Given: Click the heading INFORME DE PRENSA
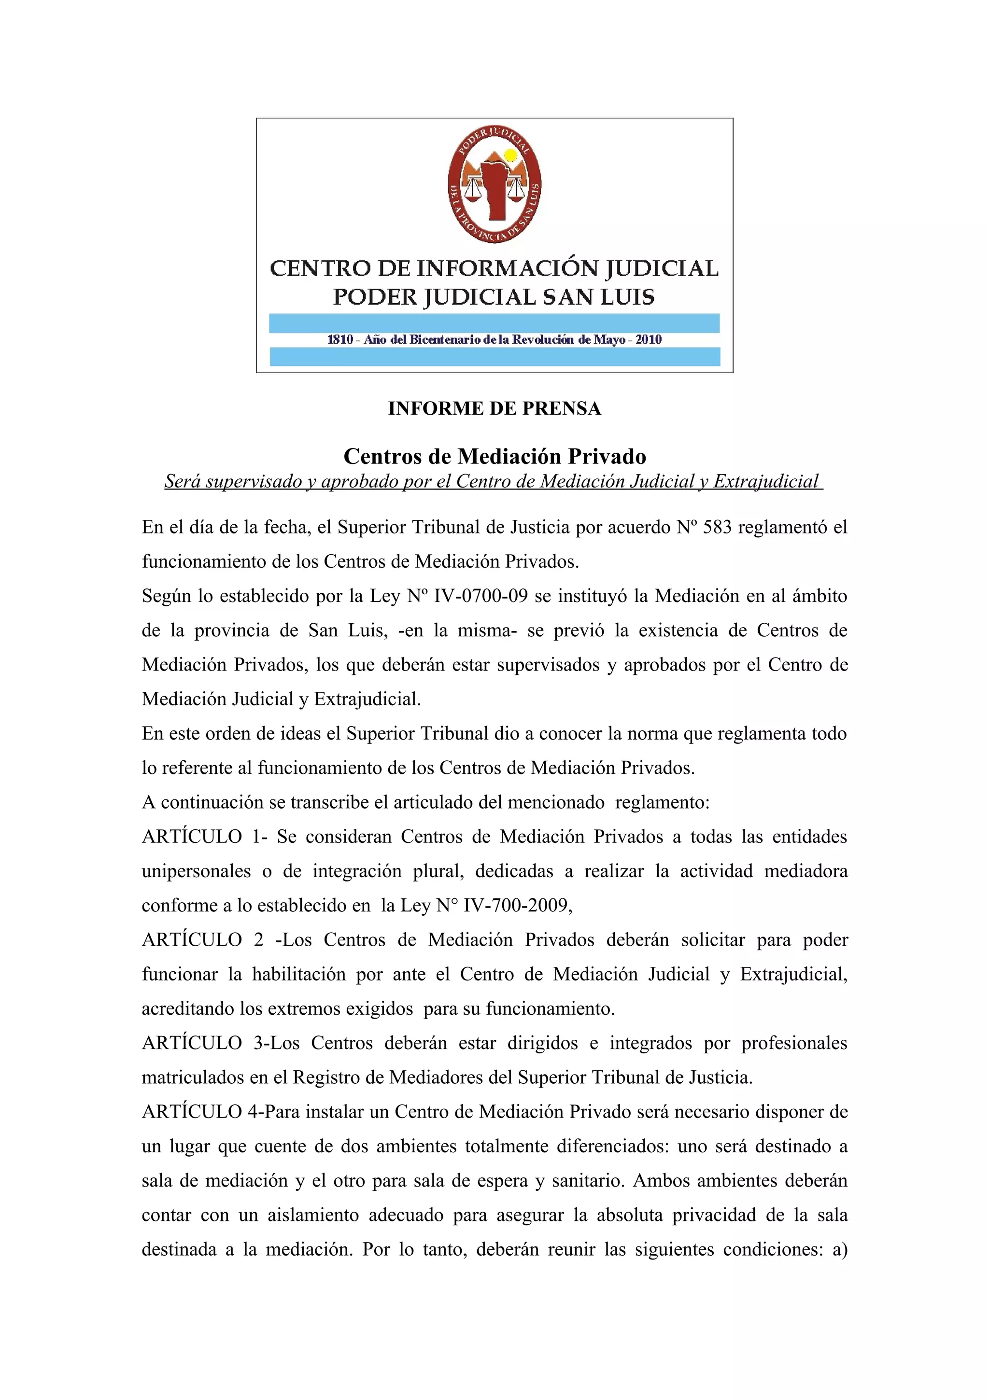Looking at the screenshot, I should (x=494, y=408).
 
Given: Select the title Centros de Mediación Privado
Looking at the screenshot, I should (x=494, y=456).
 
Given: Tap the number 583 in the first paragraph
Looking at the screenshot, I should (x=717, y=527).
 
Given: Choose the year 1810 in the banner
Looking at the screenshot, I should (x=340, y=339).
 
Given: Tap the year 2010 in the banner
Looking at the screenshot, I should (x=649, y=339).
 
